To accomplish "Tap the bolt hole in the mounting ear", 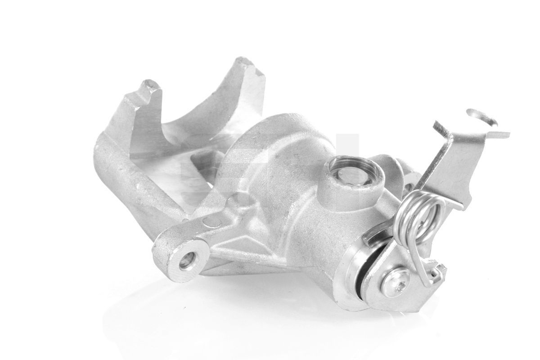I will click(188, 260).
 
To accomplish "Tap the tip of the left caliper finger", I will click(150, 85).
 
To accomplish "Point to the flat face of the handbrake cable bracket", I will click(450, 166).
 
